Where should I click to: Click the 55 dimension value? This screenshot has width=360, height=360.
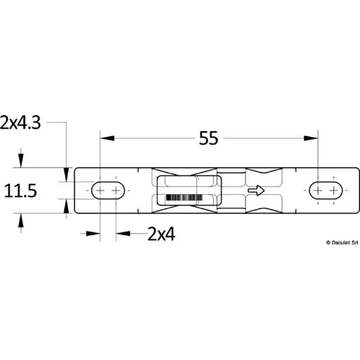click(x=208, y=138)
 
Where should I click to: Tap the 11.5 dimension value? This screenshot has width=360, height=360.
click(x=20, y=191)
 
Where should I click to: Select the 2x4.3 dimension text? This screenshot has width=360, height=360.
click(x=20, y=123)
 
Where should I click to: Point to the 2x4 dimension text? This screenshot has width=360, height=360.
click(x=162, y=234)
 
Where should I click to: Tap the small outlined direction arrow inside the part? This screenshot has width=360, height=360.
click(x=256, y=190)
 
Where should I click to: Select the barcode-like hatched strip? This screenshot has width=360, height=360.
click(x=184, y=198)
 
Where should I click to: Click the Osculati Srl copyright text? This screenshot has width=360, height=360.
click(x=342, y=243)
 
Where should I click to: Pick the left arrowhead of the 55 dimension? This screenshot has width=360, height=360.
click(x=107, y=138)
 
